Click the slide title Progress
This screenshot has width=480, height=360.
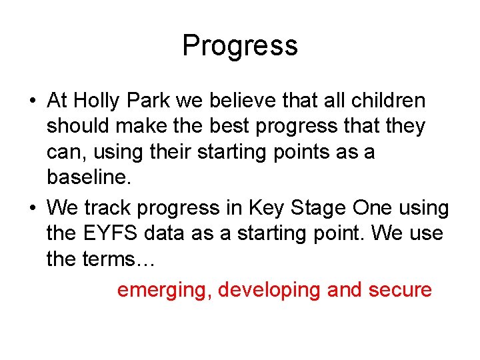coord(239,46)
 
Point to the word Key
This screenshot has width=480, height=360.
coord(266,208)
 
